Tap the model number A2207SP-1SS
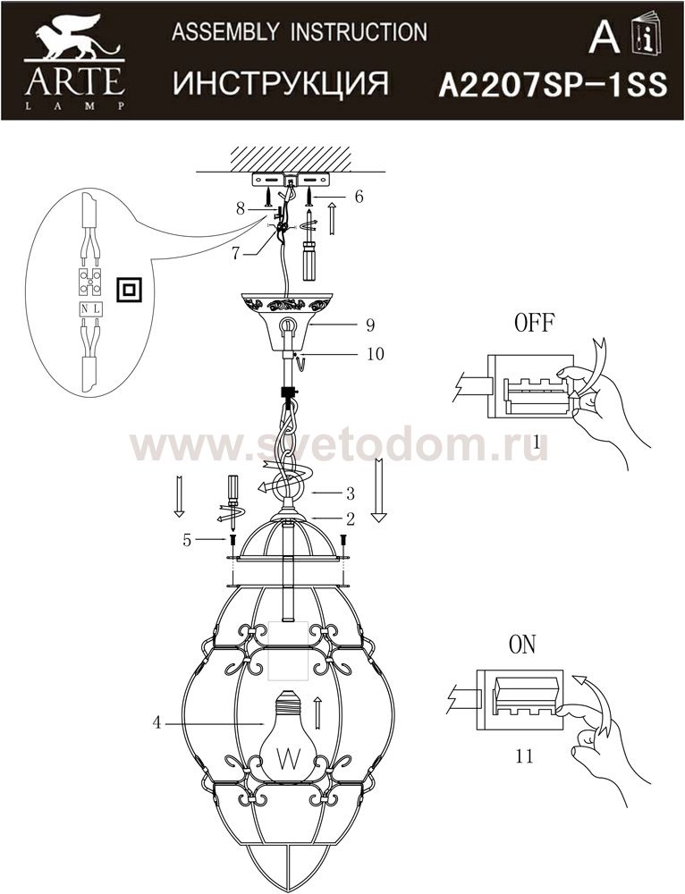click(553, 86)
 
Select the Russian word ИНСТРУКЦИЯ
click(281, 82)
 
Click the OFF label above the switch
click(535, 324)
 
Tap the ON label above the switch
click(522, 645)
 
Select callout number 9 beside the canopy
click(370, 325)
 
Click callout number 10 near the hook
click(376, 353)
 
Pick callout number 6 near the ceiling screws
click(359, 197)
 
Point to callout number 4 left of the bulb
click(156, 723)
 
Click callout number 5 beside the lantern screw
click(187, 540)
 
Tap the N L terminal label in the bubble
click(90, 309)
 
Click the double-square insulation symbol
click(129, 290)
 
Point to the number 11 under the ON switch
click(524, 756)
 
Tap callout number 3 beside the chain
click(351, 493)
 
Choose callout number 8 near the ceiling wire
click(241, 208)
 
